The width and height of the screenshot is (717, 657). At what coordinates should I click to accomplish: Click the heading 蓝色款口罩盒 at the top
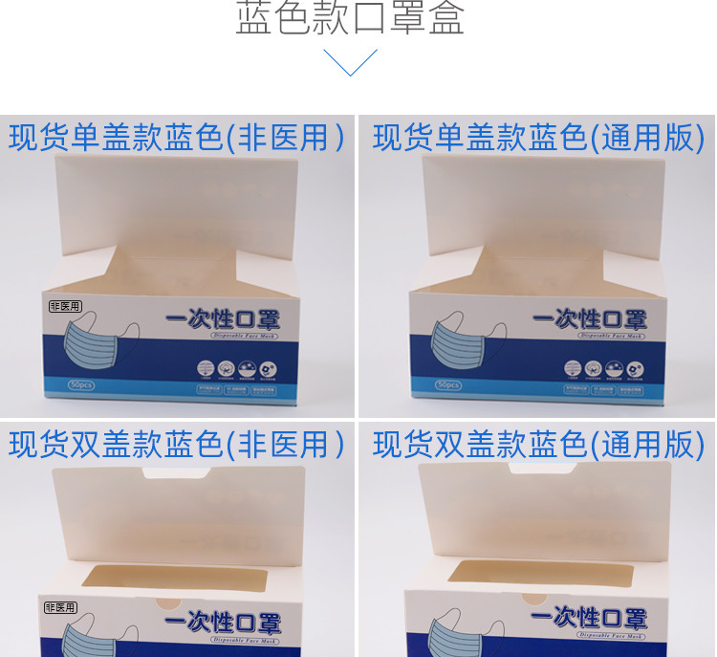pos(350,19)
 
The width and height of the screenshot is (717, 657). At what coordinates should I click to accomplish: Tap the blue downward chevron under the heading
pos(350,62)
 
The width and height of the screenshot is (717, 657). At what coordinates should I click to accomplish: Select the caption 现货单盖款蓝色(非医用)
pos(177,138)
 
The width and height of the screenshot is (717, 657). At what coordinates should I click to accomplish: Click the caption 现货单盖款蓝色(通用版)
pos(538,138)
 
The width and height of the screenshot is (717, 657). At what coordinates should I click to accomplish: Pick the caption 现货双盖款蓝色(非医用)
pos(177,444)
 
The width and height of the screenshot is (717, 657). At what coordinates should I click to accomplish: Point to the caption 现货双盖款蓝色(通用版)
pos(538,444)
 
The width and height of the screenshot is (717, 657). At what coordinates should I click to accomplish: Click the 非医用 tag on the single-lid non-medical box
pos(65,306)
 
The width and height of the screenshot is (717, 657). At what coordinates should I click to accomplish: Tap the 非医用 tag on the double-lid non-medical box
pos(60,606)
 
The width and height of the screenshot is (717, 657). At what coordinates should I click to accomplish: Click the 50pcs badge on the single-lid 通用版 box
pos(447,384)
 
